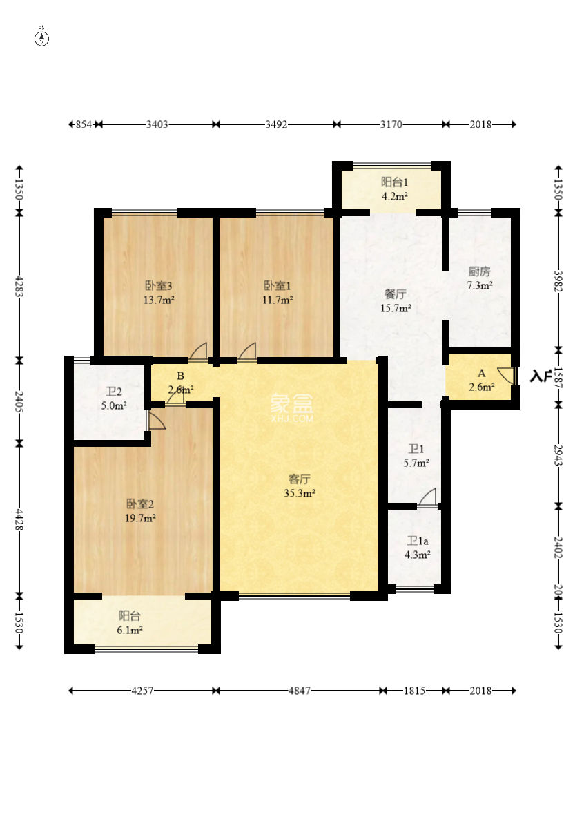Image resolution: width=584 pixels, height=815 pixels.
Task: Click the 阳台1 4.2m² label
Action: pyautogui.click(x=395, y=189)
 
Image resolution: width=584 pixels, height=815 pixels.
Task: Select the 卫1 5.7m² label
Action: pyautogui.click(x=416, y=456)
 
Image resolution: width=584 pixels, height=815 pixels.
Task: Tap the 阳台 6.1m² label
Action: pyautogui.click(x=130, y=622)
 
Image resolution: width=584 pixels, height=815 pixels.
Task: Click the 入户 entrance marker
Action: pyautogui.click(x=541, y=376)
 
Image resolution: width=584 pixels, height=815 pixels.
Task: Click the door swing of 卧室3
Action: pyautogui.click(x=199, y=352)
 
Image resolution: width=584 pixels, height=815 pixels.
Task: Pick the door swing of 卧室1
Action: pyautogui.click(x=247, y=352)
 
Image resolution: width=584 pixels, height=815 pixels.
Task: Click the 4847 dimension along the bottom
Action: pyautogui.click(x=298, y=691)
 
